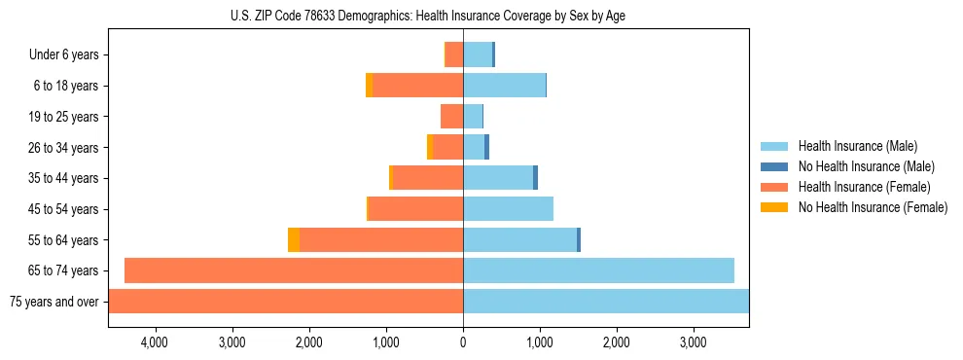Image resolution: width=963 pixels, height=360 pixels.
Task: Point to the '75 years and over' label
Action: pos(53,302)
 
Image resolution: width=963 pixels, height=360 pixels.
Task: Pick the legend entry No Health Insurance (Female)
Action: pos(873,207)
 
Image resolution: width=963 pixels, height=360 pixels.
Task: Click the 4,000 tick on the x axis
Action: pos(155,342)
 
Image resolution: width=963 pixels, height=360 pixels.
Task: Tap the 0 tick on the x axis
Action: pos(463,342)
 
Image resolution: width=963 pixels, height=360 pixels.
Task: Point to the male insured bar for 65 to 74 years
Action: pos(598,270)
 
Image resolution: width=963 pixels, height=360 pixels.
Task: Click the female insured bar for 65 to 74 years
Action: pos(294,270)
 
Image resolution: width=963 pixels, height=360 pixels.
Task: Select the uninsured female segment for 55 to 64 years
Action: pos(294,239)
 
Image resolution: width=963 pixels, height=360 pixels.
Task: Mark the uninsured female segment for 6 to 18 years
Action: pos(369,86)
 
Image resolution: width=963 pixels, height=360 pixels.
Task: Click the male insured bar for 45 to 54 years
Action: pos(508,209)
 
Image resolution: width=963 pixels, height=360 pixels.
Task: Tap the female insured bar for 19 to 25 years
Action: pos(452,117)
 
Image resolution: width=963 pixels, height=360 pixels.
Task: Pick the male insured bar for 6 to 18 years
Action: pos(504,86)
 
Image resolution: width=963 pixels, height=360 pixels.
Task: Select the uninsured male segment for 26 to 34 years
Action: pos(486,147)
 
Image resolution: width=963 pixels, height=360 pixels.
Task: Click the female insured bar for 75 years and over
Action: pos(286,302)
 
